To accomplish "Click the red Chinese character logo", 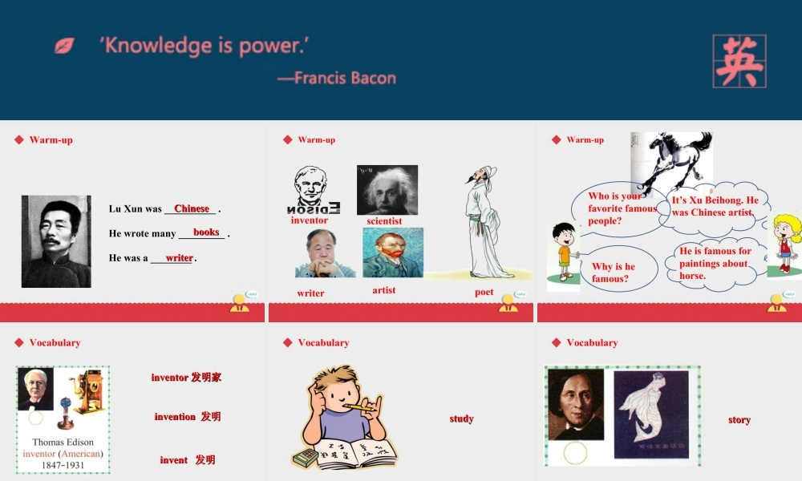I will point(739,61).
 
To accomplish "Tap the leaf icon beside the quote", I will point(64,46).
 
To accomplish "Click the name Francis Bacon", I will point(344,78).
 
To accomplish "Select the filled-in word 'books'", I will point(206,232).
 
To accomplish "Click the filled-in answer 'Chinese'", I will point(192,208).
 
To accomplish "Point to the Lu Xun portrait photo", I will point(56,241).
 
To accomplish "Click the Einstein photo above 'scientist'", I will point(387,190).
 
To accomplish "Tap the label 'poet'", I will point(484,293).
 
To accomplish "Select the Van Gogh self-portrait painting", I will point(392,253).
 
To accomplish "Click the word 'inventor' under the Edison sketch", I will point(310,220).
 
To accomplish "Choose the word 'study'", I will point(461,418).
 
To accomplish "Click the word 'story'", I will point(739,419).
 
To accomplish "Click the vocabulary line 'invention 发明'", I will point(188,417).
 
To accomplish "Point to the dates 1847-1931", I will point(63,465).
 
